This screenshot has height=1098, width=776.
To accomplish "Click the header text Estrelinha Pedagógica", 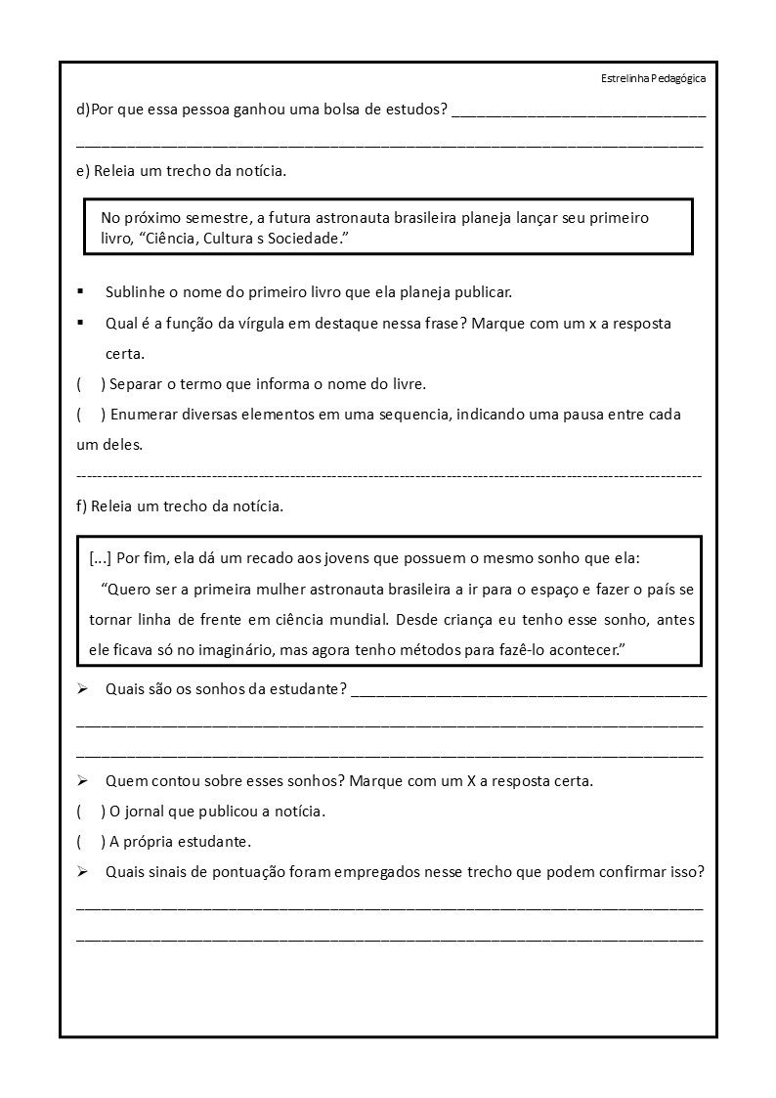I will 653,79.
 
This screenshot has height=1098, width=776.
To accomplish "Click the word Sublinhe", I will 136,292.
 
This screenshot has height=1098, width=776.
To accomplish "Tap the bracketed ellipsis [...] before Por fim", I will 100,559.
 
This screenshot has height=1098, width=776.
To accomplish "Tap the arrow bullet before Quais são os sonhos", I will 83,690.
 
